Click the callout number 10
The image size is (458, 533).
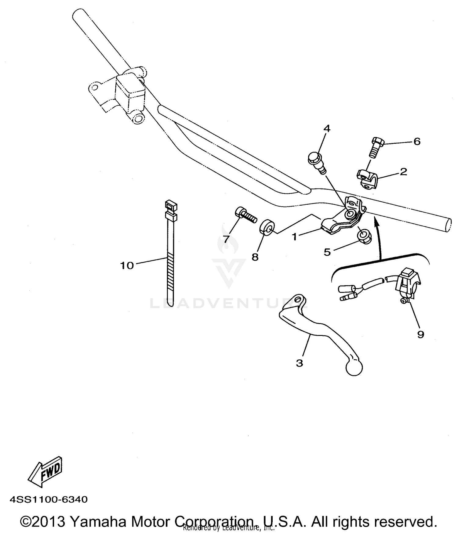127,266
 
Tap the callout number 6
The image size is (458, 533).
417,142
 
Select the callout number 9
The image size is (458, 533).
420,335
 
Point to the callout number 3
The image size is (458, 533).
299,363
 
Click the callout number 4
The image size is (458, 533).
327,129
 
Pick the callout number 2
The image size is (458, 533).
403,172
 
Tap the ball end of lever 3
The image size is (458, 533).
354,368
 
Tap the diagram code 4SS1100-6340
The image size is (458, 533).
49,499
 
